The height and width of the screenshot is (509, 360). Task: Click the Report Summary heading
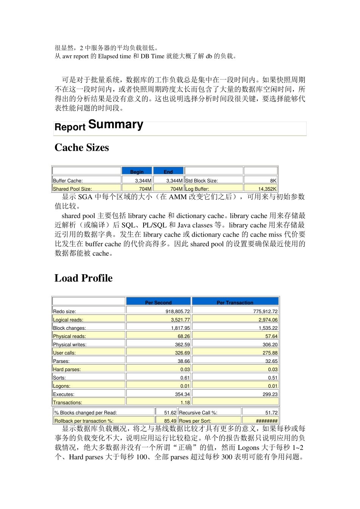coord(99,126)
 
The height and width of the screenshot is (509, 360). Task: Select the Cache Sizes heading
coord(81,148)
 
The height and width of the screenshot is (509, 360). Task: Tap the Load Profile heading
coord(83,278)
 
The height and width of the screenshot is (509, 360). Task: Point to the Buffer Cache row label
coord(68,181)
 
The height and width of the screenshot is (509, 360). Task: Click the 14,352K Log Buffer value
coord(267,189)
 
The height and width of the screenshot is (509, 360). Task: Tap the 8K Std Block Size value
coord(273,181)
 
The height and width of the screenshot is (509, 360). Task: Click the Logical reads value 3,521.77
coord(180,320)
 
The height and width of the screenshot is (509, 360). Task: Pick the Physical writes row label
coord(70,345)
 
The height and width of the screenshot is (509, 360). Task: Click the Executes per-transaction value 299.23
coord(269,394)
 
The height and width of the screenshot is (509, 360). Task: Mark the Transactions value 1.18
coord(185,403)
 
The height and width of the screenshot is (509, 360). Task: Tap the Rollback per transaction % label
coord(84,421)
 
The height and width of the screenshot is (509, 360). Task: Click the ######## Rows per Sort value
coord(266,421)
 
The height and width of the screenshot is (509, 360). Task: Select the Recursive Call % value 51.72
coord(271,412)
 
